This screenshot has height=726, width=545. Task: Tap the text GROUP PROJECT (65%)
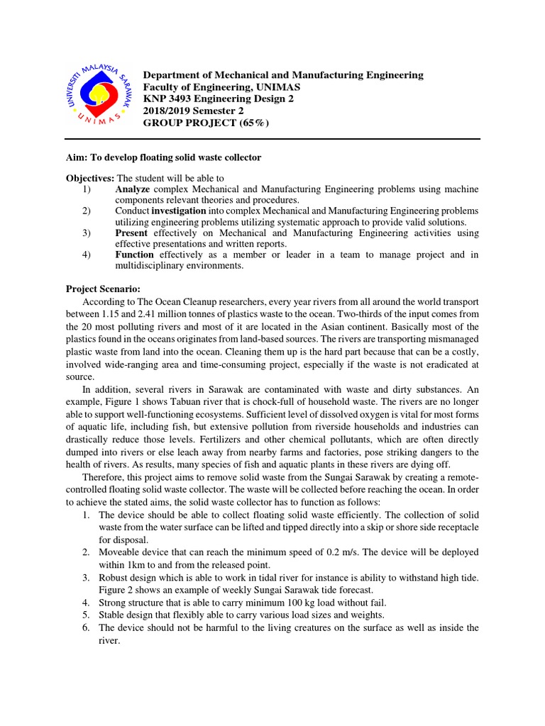coord(207,123)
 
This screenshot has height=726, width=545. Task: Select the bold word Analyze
coord(133,189)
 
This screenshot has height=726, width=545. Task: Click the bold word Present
coord(131,233)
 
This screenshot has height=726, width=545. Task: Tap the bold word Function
coord(134,255)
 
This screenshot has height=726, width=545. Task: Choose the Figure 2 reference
coord(118,590)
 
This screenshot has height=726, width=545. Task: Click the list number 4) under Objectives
coord(87,255)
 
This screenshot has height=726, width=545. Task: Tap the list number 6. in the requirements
coord(87,628)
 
